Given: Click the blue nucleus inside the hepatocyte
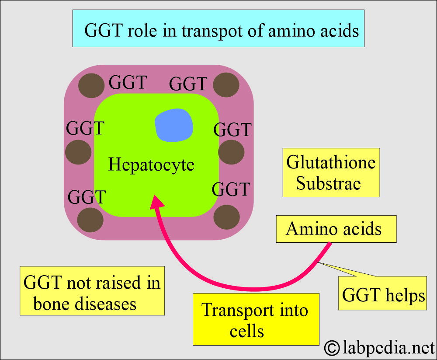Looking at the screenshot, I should pyautogui.click(x=174, y=125).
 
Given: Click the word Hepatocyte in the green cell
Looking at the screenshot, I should pyautogui.click(x=151, y=165).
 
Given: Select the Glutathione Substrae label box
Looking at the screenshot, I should pyautogui.click(x=331, y=172).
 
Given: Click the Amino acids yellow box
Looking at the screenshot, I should pyautogui.click(x=336, y=229).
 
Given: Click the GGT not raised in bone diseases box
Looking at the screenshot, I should pyautogui.click(x=92, y=290).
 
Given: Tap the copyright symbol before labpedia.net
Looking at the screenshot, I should pyautogui.click(x=333, y=348).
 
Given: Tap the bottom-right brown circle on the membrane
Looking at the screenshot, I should pyautogui.click(x=227, y=217).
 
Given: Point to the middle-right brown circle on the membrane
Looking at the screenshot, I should pyautogui.click(x=231, y=152).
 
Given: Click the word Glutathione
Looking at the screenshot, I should pyautogui.click(x=331, y=163).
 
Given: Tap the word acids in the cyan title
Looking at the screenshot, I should pyautogui.click(x=337, y=31).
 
